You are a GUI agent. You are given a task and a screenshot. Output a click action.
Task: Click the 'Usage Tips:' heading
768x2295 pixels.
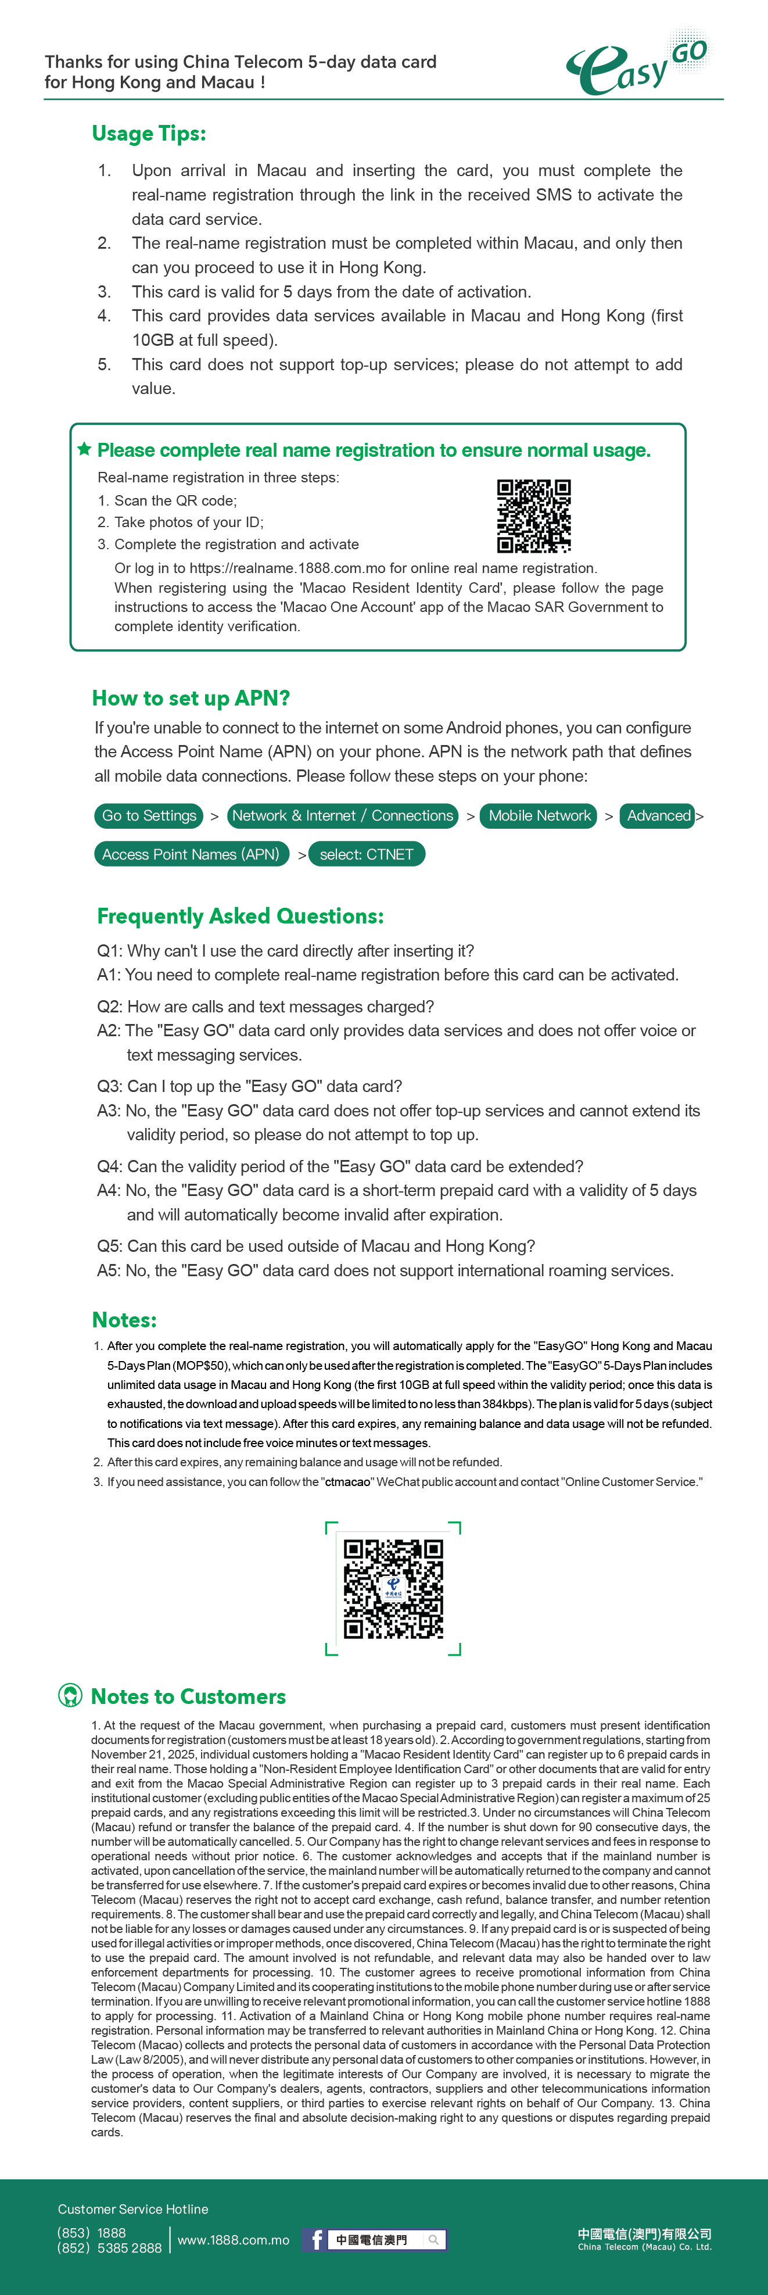(149, 134)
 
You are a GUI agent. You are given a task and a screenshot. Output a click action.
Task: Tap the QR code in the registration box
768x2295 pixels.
(534, 516)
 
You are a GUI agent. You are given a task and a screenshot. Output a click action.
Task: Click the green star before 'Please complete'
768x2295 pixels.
(85, 449)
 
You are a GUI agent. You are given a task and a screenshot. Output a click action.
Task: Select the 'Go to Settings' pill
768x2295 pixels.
(149, 815)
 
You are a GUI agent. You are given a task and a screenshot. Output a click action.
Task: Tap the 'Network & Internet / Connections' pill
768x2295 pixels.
(343, 815)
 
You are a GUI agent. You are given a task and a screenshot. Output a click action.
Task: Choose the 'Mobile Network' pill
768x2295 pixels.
(539, 815)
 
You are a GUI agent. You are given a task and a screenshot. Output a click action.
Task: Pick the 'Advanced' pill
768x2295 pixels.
(658, 815)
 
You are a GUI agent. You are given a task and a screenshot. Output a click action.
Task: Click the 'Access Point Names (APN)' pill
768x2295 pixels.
(190, 854)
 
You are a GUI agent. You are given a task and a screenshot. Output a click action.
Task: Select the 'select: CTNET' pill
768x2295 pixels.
(366, 854)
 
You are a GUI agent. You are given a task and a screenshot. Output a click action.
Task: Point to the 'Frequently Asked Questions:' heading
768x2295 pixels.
(240, 916)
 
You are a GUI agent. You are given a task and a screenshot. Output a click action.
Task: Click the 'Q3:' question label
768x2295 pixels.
(110, 1086)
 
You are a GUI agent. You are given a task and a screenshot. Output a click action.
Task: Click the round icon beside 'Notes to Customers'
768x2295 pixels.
(70, 1695)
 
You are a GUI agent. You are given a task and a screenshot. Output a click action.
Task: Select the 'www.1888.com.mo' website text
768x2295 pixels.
(234, 2240)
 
